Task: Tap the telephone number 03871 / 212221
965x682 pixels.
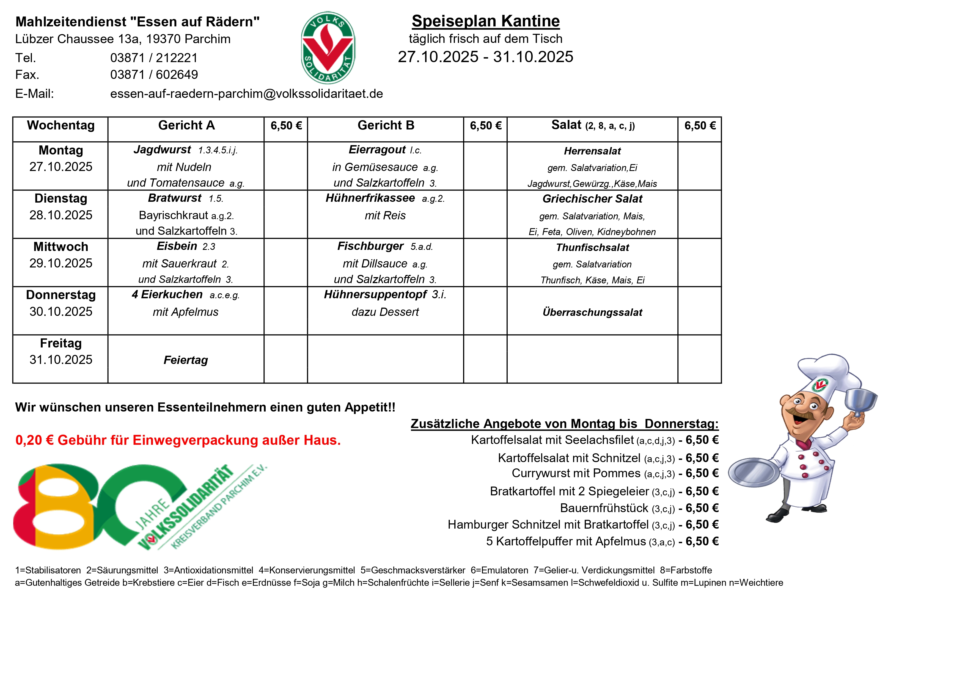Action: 153,57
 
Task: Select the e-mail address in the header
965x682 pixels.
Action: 246,94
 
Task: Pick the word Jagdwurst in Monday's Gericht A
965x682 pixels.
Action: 162,150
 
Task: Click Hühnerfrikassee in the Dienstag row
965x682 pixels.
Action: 370,198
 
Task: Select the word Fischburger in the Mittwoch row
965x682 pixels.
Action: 370,246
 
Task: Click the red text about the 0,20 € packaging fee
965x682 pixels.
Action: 178,440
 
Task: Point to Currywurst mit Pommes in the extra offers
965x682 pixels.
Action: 576,473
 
